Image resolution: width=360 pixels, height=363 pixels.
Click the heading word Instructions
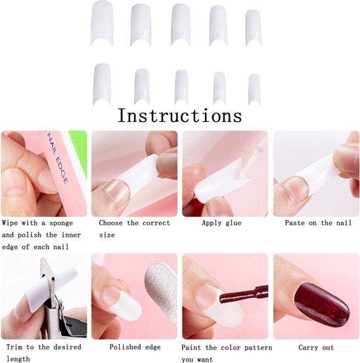179,116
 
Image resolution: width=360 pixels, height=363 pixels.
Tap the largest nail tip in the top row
101,22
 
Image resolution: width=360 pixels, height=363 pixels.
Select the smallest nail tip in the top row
253,27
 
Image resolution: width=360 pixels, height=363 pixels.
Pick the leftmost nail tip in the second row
101,83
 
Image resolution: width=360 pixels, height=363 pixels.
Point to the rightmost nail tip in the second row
254,88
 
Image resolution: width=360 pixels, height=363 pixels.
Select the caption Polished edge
135,347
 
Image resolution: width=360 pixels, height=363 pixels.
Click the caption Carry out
317,347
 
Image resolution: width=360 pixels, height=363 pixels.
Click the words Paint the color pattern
227,347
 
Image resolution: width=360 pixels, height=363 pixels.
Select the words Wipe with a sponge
38,223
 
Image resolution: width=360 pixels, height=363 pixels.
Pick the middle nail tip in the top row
181,25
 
